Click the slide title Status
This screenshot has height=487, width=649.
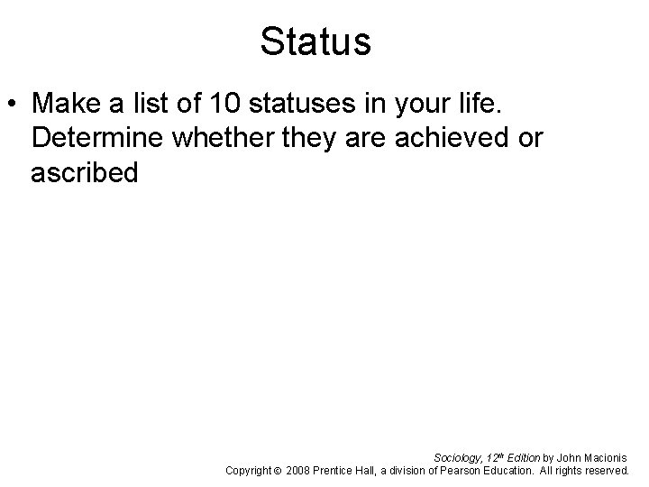(315, 41)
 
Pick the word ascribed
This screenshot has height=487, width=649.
(84, 172)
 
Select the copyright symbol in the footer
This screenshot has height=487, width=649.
(278, 471)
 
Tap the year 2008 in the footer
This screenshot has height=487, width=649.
(297, 471)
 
